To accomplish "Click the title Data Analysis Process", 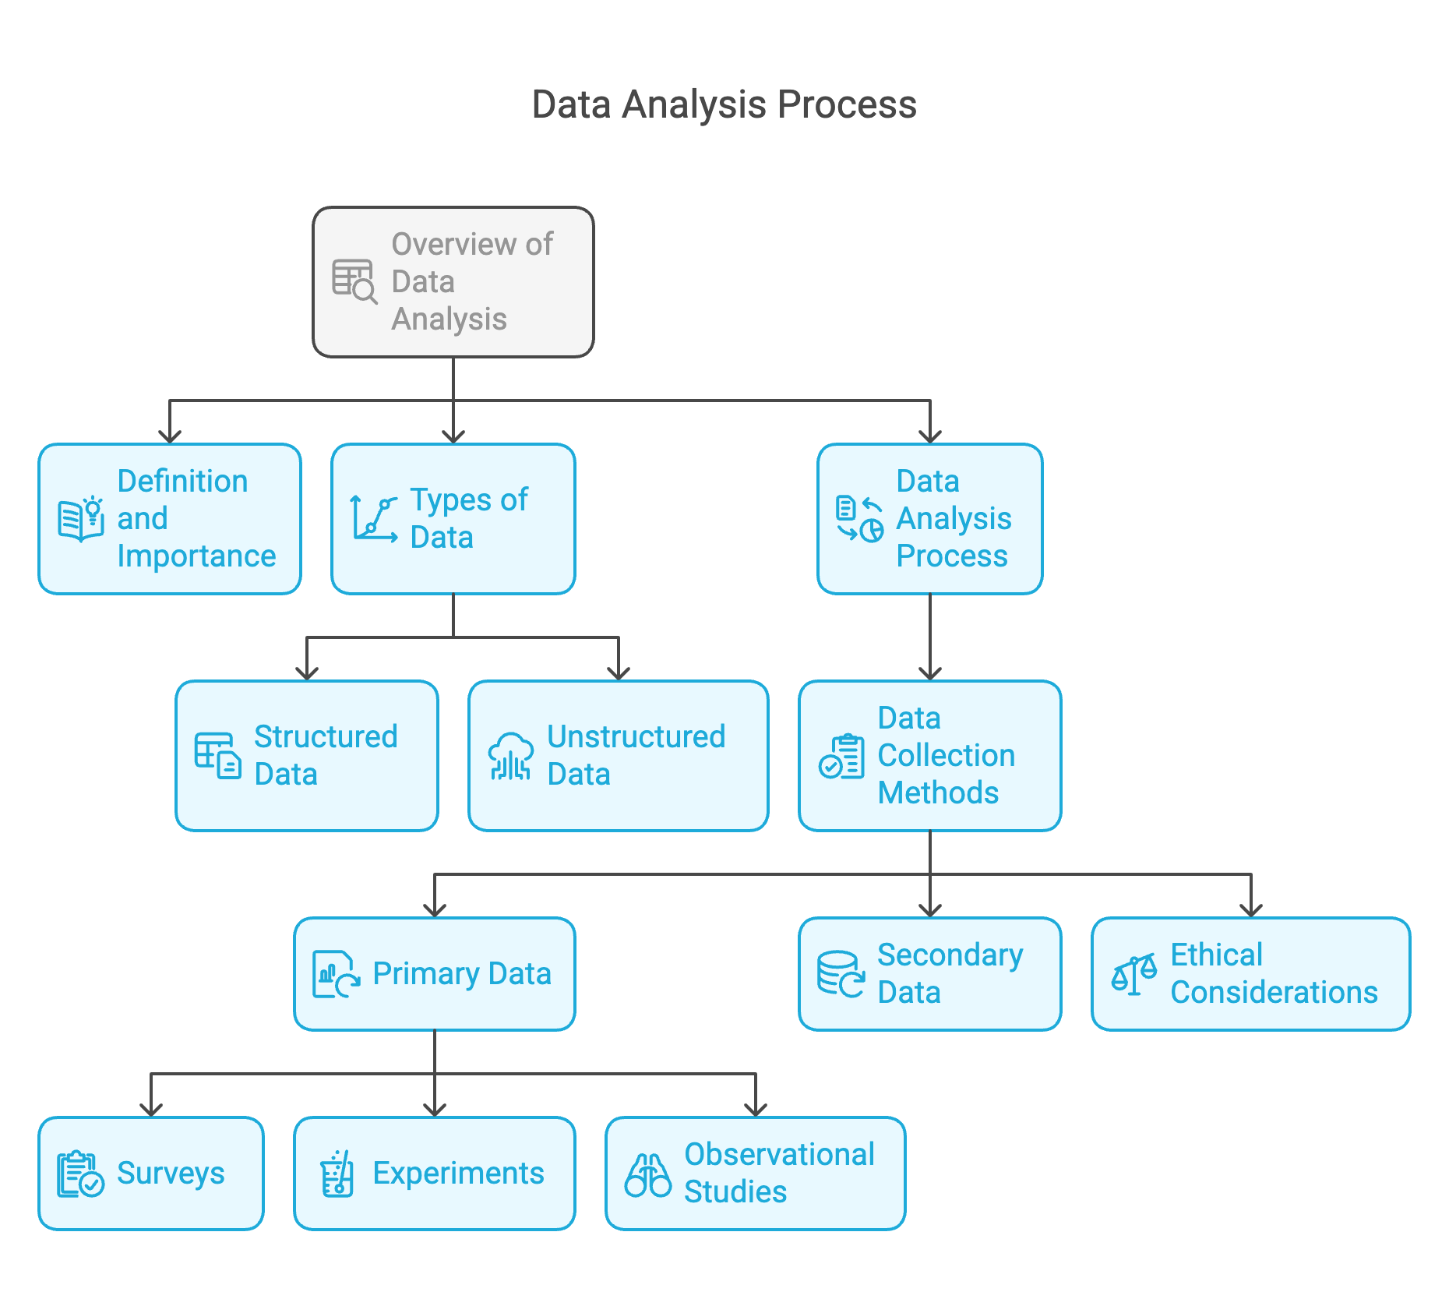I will pyautogui.click(x=724, y=104).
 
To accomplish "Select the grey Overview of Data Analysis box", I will pyautogui.click(x=453, y=281).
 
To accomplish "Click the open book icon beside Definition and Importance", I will pyautogui.click(x=80, y=519).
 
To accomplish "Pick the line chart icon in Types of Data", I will pyautogui.click(x=374, y=519).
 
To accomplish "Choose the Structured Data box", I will pyautogui.click(x=306, y=755).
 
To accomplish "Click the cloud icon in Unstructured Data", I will pyautogui.click(x=510, y=755).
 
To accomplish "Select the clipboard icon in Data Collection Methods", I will pyautogui.click(x=841, y=756).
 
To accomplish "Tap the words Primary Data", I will pyautogui.click(x=461, y=973).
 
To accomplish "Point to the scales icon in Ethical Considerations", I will pyautogui.click(x=1133, y=974).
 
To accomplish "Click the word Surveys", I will pyautogui.click(x=171, y=1173).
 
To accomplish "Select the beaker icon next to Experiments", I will pyautogui.click(x=337, y=1174).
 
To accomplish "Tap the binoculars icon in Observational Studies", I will pyautogui.click(x=647, y=1174).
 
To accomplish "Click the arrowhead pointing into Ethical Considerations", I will pyautogui.click(x=1250, y=909).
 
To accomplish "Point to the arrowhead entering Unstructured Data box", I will pyautogui.click(x=618, y=672).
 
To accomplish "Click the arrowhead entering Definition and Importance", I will pyautogui.click(x=170, y=436).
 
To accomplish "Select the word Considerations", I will pyautogui.click(x=1274, y=992).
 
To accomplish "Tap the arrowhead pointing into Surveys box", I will pyautogui.click(x=151, y=1109).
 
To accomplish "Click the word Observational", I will pyautogui.click(x=779, y=1154).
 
